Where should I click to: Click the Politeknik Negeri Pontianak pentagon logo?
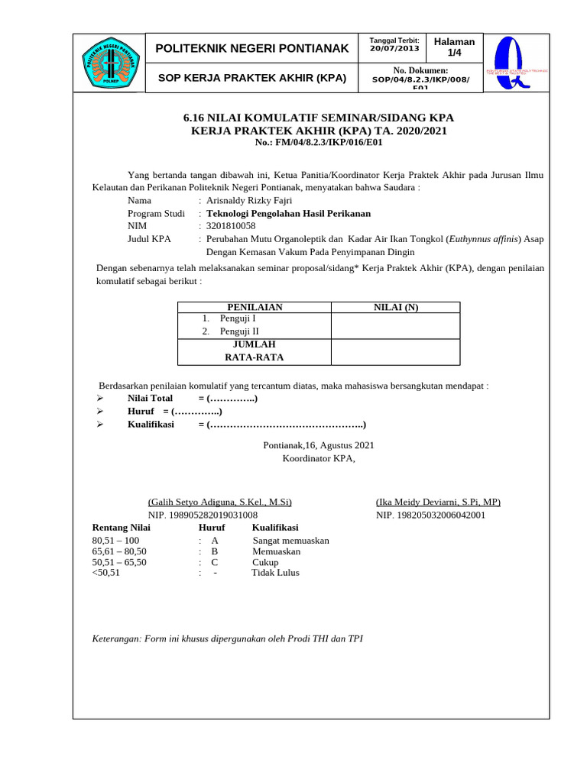pyautogui.click(x=109, y=63)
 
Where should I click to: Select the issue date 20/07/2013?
pyautogui.click(x=394, y=49)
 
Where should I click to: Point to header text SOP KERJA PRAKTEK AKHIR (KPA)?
pyautogui.click(x=252, y=78)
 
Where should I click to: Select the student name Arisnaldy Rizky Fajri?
pyautogui.click(x=250, y=200)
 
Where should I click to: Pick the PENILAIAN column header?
pyautogui.click(x=255, y=307)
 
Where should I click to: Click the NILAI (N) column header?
pyautogui.click(x=395, y=307)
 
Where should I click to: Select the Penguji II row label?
pyautogui.click(x=239, y=331)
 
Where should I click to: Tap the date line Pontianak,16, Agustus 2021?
pyautogui.click(x=319, y=445)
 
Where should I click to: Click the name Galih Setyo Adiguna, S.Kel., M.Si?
pyautogui.click(x=219, y=502)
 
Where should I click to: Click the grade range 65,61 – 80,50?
pyautogui.click(x=119, y=551)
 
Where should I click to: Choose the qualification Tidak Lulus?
pyautogui.click(x=275, y=573)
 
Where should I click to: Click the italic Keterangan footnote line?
pyautogui.click(x=227, y=638)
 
